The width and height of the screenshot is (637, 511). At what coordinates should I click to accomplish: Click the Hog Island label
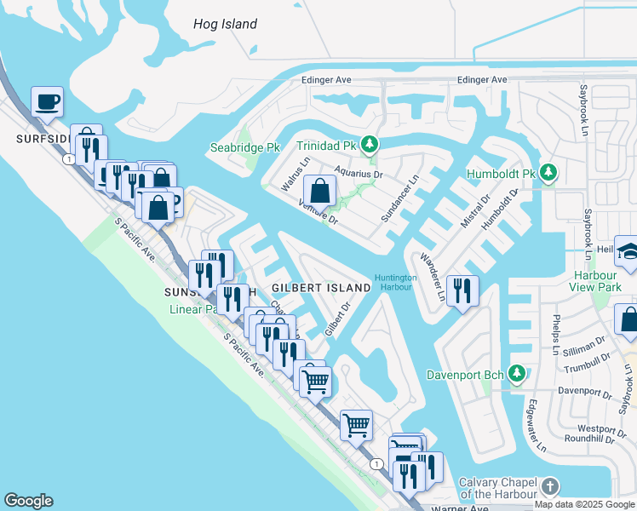click(x=225, y=24)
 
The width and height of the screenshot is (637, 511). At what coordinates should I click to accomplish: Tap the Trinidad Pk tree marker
click(x=369, y=144)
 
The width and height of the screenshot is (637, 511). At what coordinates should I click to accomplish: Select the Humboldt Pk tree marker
click(x=548, y=174)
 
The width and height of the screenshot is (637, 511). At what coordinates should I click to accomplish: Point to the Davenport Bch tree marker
click(x=515, y=374)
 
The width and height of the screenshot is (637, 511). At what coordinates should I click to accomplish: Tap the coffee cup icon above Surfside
click(x=48, y=102)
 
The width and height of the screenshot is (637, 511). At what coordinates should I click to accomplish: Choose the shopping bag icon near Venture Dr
click(x=320, y=191)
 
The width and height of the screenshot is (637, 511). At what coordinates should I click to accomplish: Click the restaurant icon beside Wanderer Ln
click(x=462, y=290)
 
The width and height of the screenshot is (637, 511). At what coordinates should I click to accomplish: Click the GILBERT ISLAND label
click(x=322, y=288)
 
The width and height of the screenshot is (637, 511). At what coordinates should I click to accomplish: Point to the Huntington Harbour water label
click(x=396, y=282)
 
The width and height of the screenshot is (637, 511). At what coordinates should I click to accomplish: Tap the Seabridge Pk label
click(x=244, y=147)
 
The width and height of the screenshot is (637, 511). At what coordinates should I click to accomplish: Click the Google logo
click(x=29, y=501)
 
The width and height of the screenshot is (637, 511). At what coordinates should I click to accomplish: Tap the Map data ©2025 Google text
click(x=584, y=504)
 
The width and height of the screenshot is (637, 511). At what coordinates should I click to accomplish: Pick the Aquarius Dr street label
click(x=359, y=173)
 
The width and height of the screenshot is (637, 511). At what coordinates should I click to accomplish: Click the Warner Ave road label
click(x=461, y=508)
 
